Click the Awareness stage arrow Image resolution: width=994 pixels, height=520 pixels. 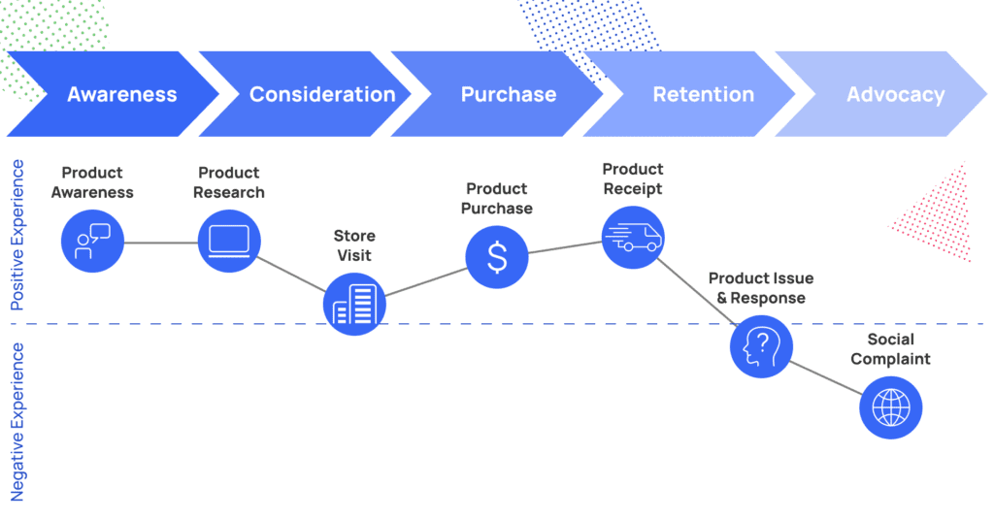[115, 94]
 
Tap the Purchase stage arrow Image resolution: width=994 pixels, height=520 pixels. [498, 94]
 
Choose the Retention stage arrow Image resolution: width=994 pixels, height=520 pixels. [690, 94]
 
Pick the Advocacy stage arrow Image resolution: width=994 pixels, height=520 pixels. [881, 94]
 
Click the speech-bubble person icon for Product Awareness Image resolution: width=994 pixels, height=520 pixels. [92, 242]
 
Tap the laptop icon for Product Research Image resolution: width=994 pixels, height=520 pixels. [229, 242]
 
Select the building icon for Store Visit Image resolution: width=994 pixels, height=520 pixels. [354, 304]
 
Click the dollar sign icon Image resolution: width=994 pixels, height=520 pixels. [497, 257]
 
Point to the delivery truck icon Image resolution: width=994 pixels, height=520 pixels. [633, 238]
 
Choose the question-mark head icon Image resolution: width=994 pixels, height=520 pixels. [761, 346]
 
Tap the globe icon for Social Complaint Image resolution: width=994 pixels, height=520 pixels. [891, 407]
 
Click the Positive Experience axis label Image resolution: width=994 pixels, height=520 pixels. [17, 235]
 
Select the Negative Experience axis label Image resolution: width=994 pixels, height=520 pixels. [17, 422]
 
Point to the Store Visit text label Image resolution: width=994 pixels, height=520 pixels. [354, 245]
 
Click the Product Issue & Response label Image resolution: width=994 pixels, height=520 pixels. [761, 288]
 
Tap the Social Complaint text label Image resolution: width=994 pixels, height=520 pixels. [891, 349]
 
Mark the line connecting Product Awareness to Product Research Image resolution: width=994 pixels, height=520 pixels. [161, 243]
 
